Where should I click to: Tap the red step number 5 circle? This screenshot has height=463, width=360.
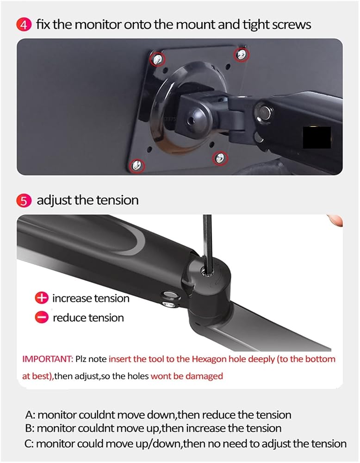click(24, 201)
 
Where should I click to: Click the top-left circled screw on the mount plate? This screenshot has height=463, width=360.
click(158, 58)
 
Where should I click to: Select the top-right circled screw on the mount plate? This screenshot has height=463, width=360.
click(242, 54)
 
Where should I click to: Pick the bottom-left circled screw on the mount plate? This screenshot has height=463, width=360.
click(137, 165)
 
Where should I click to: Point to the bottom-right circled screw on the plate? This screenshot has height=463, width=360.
click(220, 158)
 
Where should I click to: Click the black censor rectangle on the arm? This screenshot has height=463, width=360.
click(317, 138)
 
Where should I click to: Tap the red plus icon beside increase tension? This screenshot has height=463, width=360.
click(42, 298)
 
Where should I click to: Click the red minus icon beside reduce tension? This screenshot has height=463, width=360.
click(42, 318)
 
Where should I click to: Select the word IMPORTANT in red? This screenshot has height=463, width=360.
click(47, 359)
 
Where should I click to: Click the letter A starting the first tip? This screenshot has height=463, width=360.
click(29, 415)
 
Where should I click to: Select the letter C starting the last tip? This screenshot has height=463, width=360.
click(29, 444)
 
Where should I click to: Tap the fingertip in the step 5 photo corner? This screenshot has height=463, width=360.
click(335, 220)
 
